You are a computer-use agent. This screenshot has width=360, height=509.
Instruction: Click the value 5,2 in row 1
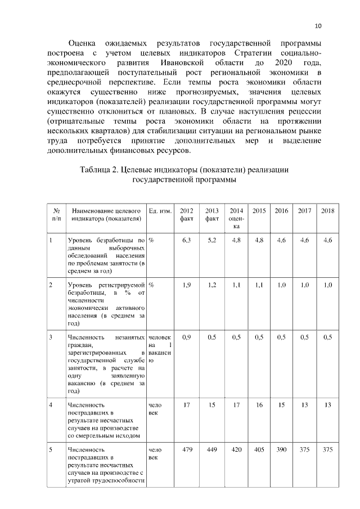click(x=212, y=241)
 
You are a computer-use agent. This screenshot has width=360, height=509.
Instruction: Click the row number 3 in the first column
click(x=51, y=337)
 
